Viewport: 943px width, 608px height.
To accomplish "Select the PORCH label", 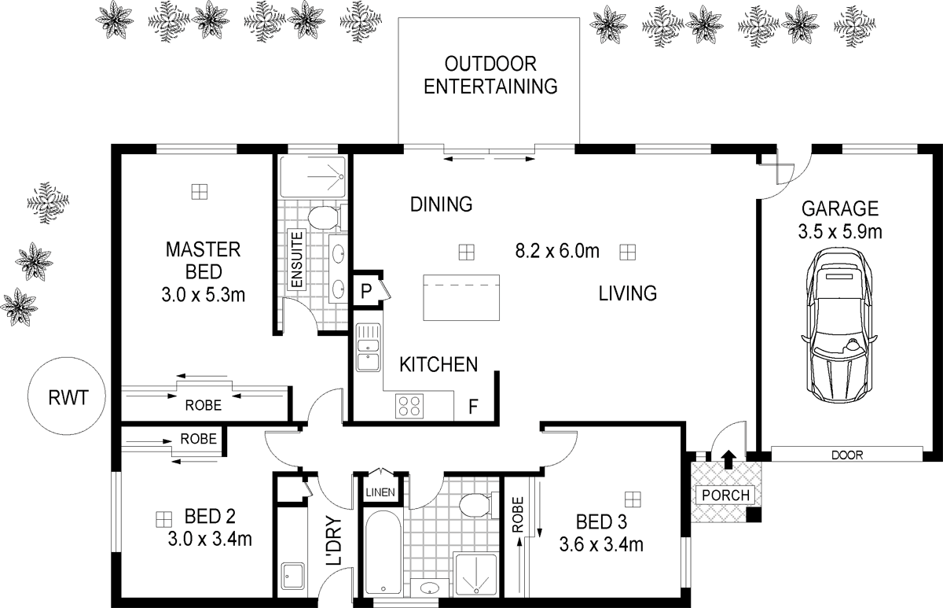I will coord(727,496).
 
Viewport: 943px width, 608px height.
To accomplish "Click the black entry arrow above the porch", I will coord(727,458).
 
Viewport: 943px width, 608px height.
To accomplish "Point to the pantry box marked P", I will coord(365,289).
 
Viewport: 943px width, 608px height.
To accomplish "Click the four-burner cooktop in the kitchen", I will coord(409,405).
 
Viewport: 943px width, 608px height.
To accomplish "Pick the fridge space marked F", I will coord(474,407).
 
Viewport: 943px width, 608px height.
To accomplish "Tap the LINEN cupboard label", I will coord(380,493).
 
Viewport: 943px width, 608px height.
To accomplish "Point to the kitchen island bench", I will coord(461,297).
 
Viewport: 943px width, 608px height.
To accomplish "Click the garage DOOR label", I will coord(846,455).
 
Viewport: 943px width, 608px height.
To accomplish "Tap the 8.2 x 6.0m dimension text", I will coord(557,252).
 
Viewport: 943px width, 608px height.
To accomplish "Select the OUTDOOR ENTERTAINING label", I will coord(490,76).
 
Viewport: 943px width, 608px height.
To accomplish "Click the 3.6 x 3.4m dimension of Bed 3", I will coord(601,544).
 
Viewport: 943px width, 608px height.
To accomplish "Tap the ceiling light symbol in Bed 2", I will coord(163,518).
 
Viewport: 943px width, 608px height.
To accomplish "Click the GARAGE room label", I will coord(839,209).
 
